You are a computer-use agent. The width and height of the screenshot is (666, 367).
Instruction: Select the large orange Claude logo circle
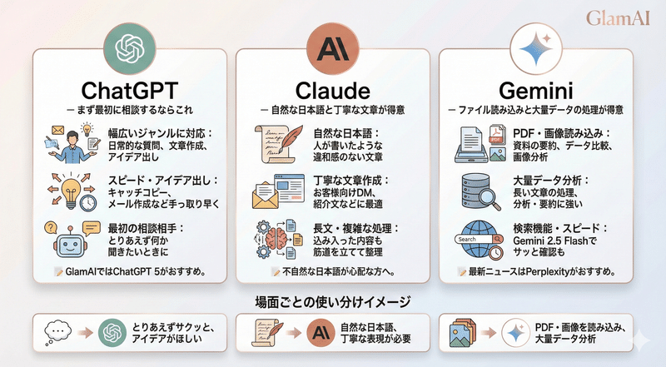pos(332,45)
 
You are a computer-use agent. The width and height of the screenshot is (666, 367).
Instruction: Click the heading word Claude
pos(332,87)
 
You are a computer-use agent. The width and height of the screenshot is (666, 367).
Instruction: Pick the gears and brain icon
pos(274,239)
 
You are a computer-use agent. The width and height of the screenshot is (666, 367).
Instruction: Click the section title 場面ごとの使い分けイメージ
pos(332,300)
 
